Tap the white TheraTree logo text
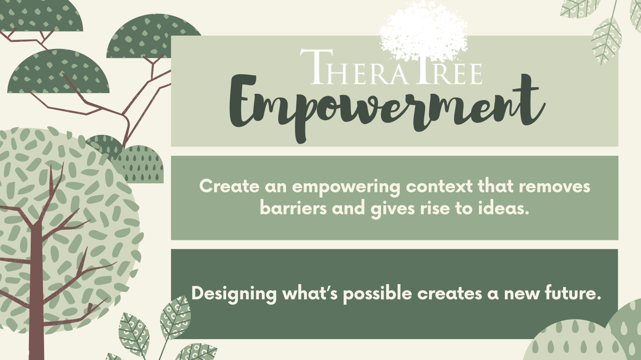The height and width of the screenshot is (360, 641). tap(391, 67)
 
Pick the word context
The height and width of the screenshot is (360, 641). tap(439, 186)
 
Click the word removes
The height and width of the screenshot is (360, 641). tap(555, 186)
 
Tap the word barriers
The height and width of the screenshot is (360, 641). tap(293, 208)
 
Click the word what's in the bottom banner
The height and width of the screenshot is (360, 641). tap(310, 293)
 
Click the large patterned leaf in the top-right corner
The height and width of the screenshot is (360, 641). tap(606, 40)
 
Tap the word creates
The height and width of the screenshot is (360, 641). tap(449, 294)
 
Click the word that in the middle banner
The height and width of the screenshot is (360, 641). tap(495, 186)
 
